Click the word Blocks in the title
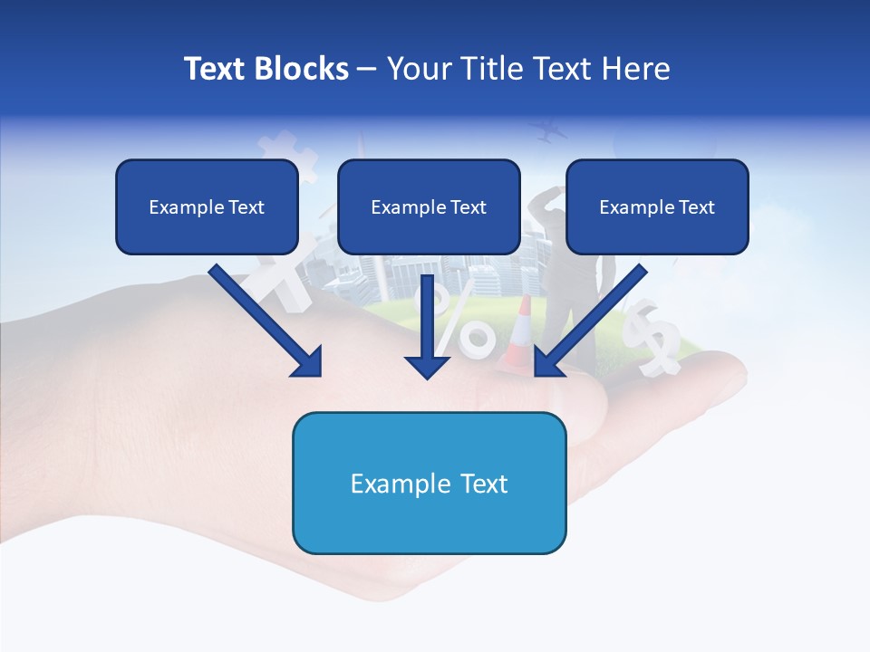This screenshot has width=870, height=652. click(x=304, y=69)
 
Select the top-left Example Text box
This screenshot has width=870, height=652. click(x=207, y=206)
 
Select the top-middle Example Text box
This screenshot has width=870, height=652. click(x=429, y=206)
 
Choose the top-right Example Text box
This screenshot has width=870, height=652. click(x=657, y=206)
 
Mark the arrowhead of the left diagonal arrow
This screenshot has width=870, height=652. click(x=308, y=362)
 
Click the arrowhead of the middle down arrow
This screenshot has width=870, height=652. click(x=428, y=366)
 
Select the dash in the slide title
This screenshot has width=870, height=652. click(x=367, y=70)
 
